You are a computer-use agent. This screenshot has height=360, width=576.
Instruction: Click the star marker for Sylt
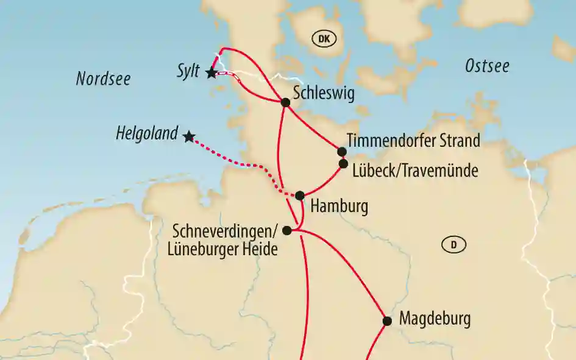pyautogui.click(x=211, y=72)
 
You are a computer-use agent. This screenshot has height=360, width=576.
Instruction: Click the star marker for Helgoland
pyautogui.click(x=189, y=136)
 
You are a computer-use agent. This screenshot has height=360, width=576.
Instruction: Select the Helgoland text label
pyautogui.click(x=147, y=133)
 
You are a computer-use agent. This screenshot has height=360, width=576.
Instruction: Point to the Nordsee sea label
pyautogui.click(x=103, y=79)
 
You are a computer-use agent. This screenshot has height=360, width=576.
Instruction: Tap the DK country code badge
pyautogui.click(x=324, y=40)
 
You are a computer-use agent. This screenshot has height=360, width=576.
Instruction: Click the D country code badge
pyautogui.click(x=453, y=245)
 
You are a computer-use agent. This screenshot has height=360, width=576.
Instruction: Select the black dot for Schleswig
pyautogui.click(x=285, y=102)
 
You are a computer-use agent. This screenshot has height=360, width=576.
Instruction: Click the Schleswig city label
pyautogui.click(x=323, y=93)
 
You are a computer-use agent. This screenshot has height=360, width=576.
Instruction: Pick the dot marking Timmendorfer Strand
pyautogui.click(x=342, y=152)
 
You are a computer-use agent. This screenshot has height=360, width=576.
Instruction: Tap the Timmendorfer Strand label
pyautogui.click(x=413, y=141)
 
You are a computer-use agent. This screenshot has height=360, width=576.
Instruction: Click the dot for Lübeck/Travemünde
pyautogui.click(x=343, y=163)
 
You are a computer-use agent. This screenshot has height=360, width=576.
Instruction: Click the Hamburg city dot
pyautogui.click(x=300, y=196)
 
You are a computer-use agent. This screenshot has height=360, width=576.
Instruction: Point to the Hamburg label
pyautogui.click(x=339, y=206)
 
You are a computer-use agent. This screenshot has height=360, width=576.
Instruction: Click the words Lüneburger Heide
pyautogui.click(x=225, y=248)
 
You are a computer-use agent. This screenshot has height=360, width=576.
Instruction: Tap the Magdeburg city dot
pyautogui.click(x=386, y=320)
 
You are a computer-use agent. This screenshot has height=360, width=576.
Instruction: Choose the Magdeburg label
pyautogui.click(x=435, y=318)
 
